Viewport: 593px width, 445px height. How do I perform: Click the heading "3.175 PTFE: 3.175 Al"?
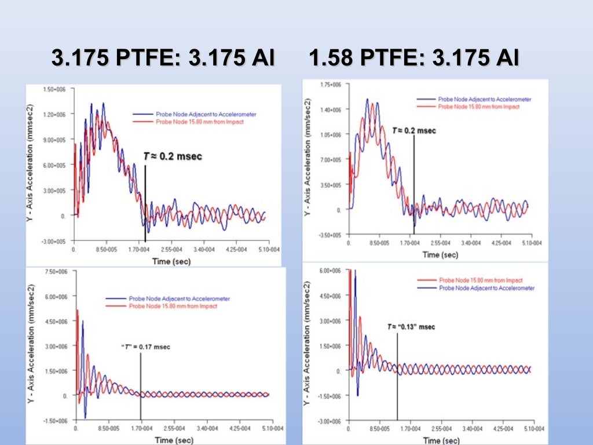(x=162, y=59)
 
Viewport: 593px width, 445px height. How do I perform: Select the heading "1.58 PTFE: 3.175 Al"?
(x=414, y=59)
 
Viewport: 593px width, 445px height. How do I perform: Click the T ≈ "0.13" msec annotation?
(x=411, y=327)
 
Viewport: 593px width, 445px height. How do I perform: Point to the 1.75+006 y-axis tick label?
(x=331, y=85)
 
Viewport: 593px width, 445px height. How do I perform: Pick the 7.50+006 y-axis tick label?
(x=58, y=271)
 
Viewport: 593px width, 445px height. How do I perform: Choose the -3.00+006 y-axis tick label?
(x=331, y=421)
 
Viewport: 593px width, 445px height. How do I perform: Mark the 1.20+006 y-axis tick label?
(x=58, y=114)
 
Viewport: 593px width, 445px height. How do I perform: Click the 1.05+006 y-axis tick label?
(x=331, y=134)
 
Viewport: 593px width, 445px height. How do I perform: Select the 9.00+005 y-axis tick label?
(x=58, y=140)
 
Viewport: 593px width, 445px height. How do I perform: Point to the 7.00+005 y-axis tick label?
(x=331, y=159)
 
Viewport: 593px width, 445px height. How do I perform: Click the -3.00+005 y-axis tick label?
(x=58, y=240)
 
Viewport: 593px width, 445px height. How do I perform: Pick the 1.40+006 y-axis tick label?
(x=331, y=110)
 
